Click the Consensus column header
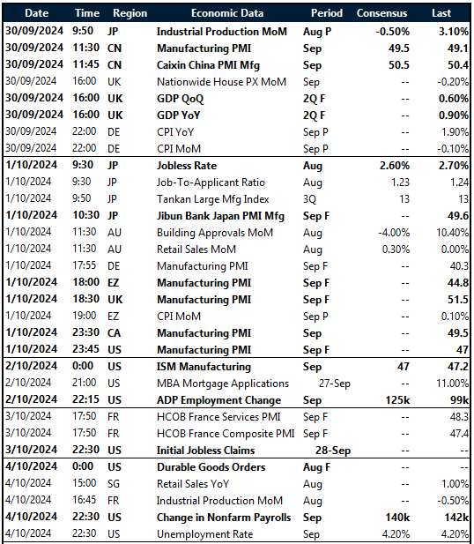[x=382, y=13]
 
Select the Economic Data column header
[x=226, y=13]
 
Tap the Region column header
[x=130, y=13]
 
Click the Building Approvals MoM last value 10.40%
[x=446, y=233]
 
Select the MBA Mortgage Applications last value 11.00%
[x=446, y=384]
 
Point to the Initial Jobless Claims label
[x=205, y=450]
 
